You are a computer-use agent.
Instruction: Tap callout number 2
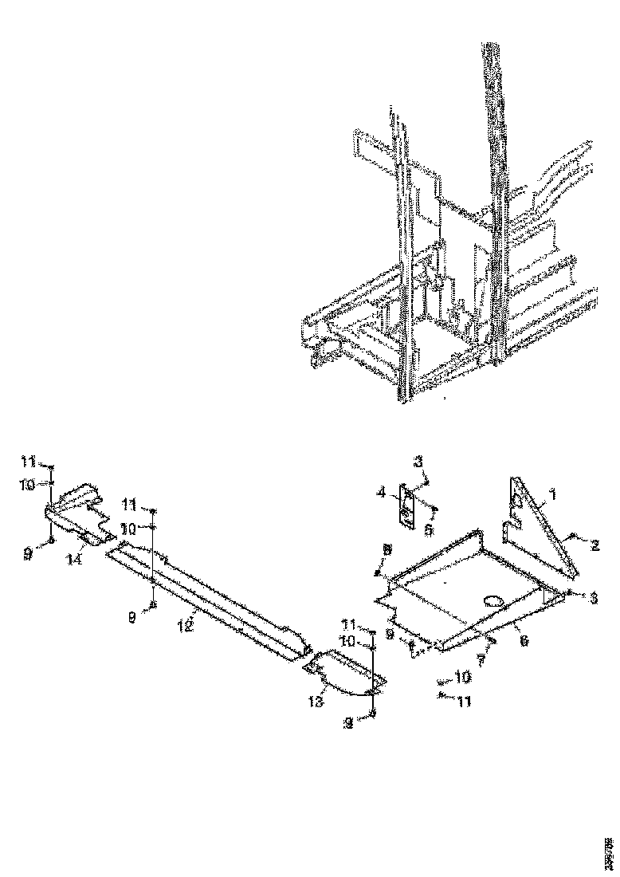[x=594, y=545]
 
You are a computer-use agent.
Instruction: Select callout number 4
[x=383, y=494]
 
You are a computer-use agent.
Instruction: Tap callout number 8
[x=386, y=550]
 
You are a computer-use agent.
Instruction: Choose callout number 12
[x=186, y=625]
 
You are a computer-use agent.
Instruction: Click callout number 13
[x=316, y=701]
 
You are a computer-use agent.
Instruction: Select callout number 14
[x=74, y=559]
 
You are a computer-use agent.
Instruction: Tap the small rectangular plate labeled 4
[x=407, y=507]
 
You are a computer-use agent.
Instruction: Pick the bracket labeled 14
[x=80, y=518]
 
